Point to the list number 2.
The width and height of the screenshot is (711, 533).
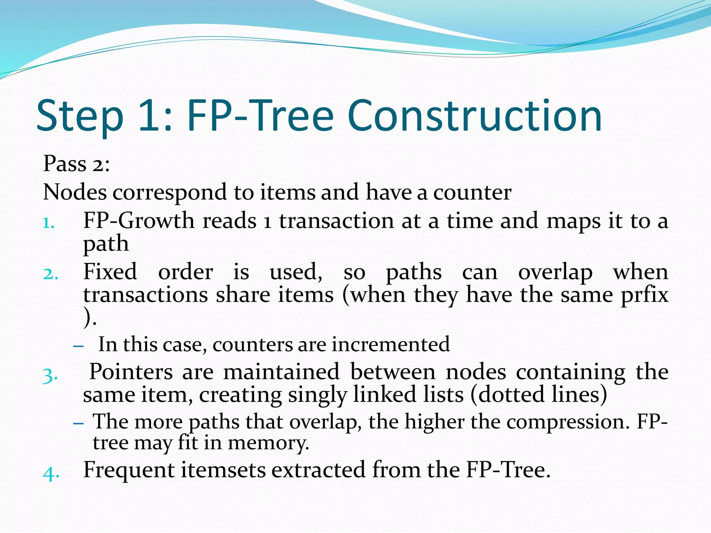click(x=50, y=274)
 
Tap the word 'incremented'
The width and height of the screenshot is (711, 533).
click(x=391, y=344)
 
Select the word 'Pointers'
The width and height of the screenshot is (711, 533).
click(x=131, y=372)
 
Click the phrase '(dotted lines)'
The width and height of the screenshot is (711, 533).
click(x=539, y=395)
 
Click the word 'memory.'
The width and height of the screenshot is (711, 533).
click(x=268, y=443)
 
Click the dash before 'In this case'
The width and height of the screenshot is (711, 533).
click(x=79, y=346)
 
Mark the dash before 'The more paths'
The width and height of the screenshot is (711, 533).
click(x=79, y=423)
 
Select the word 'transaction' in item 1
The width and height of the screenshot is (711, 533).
click(x=336, y=221)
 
